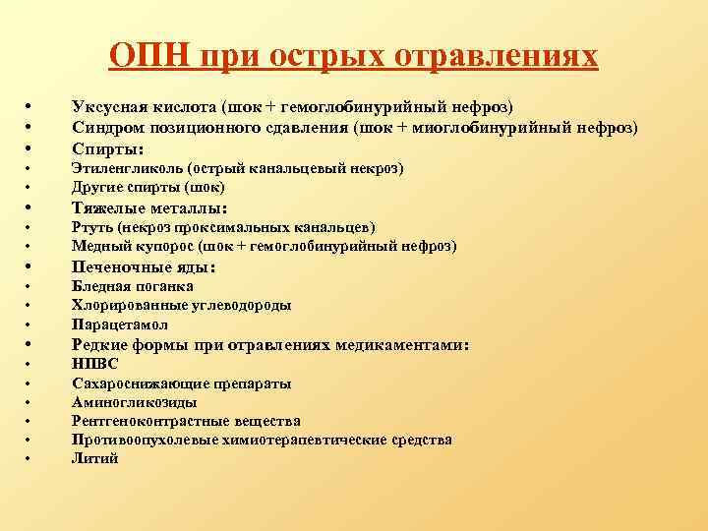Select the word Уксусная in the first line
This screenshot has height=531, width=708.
109,106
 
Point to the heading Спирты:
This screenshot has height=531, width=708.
108,148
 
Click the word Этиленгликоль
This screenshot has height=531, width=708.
127,168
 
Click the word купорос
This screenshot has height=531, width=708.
157,246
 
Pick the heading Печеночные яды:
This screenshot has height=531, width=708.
144,266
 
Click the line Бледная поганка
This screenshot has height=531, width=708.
133,286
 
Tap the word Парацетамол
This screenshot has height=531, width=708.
119,324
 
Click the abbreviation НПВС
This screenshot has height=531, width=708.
95,364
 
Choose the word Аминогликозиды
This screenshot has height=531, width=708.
134,402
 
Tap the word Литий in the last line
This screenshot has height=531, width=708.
94,458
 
